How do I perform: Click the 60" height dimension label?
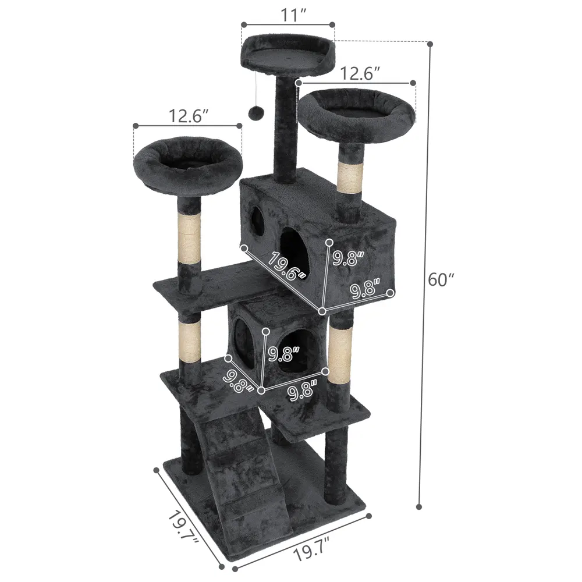coord(441,279)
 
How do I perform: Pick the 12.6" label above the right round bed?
coord(361,73)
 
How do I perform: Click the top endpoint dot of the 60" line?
coord(430,44)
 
